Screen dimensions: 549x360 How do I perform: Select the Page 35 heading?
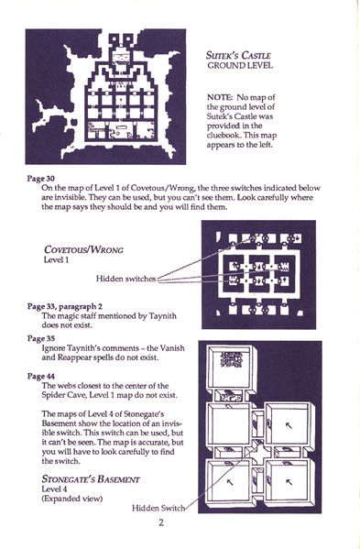[42, 338]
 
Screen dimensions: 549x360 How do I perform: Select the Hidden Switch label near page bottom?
[161, 509]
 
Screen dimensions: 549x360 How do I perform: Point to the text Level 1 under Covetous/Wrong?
[57, 259]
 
